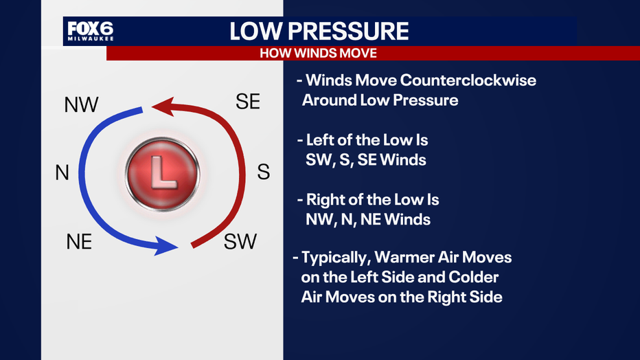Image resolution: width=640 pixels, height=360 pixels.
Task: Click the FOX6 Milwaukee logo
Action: coord(91,31)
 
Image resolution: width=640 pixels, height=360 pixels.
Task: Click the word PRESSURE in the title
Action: coord(348,31)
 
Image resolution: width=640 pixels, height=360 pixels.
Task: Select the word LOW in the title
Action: coord(255,31)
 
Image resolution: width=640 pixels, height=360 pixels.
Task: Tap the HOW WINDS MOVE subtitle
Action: coord(319,54)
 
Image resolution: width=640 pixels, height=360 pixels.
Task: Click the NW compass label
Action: coord(81,105)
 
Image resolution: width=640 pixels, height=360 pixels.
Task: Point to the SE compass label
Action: coord(248,102)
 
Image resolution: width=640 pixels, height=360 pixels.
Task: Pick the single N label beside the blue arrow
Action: coord(62,172)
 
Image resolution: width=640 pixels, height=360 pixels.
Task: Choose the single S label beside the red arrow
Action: coord(263,172)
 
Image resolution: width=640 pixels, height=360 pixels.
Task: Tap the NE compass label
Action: coord(79,242)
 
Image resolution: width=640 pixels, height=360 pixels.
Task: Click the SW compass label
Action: coord(240,242)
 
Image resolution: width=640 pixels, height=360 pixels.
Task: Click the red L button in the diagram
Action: coord(163,173)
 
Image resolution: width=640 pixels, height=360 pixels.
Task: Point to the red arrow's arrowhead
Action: coord(163,106)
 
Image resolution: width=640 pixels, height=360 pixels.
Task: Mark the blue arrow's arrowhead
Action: coord(166,246)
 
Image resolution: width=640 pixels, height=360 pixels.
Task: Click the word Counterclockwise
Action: coord(468,80)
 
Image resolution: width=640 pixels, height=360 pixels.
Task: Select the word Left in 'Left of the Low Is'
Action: coord(319,140)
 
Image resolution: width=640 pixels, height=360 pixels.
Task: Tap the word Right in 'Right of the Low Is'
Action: coord(324,200)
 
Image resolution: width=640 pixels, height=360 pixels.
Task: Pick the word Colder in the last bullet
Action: coord(473,277)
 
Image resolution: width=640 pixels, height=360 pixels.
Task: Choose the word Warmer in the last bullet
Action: coord(404,257)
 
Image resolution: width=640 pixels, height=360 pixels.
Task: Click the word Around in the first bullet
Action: coord(329,100)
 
